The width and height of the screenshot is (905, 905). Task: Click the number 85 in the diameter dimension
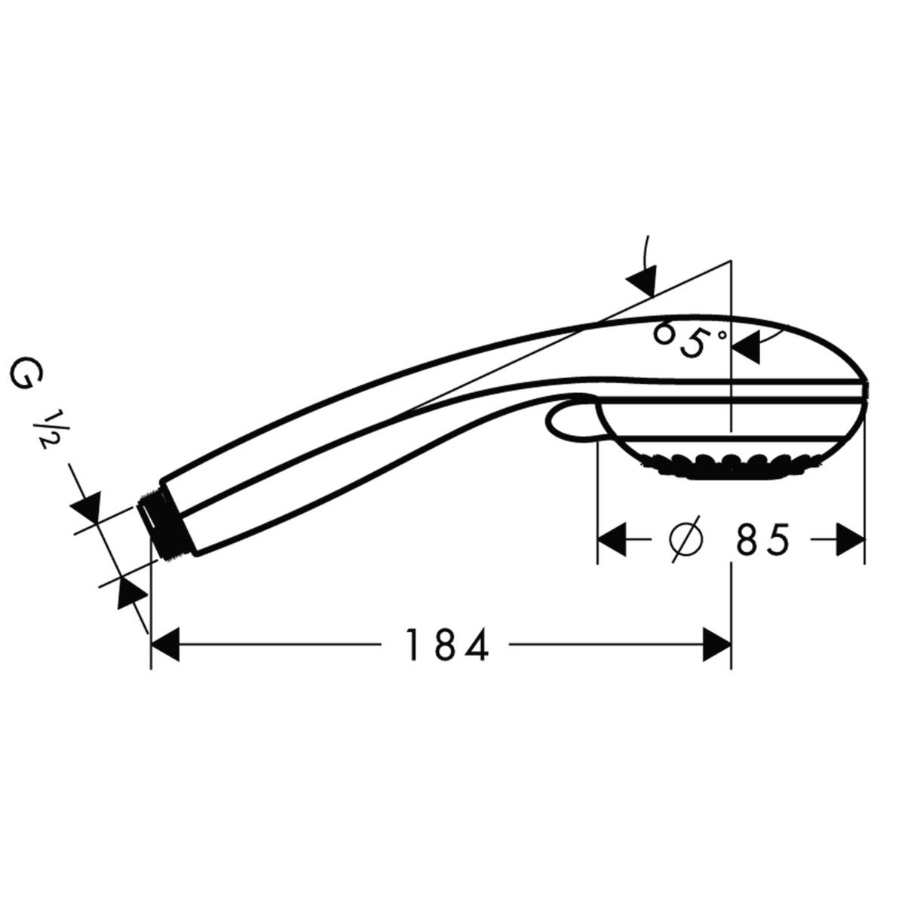762,539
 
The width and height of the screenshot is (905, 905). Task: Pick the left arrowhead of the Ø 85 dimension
612,539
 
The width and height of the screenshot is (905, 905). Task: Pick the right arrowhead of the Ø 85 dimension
850,539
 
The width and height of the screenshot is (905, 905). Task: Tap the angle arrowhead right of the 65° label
746,348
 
